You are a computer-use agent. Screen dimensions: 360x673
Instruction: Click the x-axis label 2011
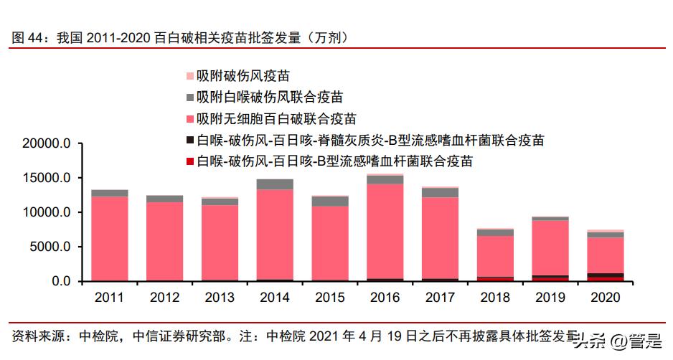pos(110,297)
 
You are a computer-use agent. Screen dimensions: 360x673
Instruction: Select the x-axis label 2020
pos(606,297)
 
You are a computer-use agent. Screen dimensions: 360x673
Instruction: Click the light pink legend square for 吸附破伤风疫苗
pos(189,76)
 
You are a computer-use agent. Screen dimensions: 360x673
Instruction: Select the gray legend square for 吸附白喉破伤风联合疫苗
pos(189,97)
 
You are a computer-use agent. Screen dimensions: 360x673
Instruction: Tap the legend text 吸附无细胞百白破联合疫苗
pos(276,118)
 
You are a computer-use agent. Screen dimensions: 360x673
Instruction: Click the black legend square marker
pos(189,140)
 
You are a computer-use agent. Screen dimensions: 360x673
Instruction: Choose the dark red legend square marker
pos(189,161)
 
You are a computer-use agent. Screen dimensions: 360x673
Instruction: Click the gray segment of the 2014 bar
pos(275,184)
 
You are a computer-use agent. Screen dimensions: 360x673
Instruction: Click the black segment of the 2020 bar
pos(606,275)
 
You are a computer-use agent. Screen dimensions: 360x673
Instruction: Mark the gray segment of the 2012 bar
pos(165,199)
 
